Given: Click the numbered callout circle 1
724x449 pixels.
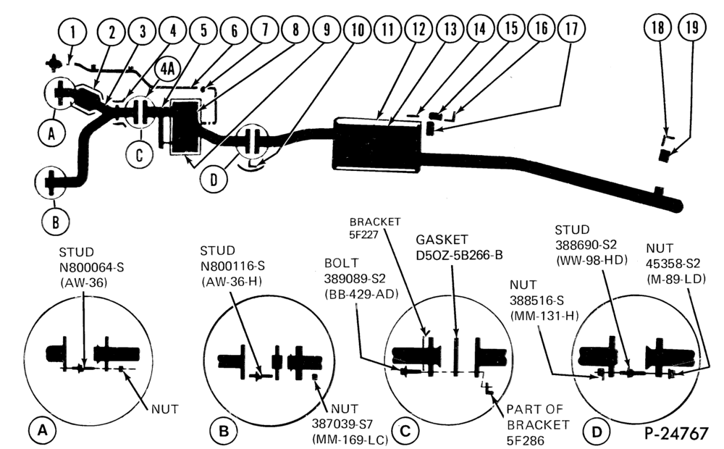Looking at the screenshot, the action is [72, 33].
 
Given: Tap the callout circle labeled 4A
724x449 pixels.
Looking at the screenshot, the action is [167, 70].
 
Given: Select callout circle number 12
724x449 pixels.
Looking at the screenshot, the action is [418, 29].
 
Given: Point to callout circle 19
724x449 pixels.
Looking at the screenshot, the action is [691, 28].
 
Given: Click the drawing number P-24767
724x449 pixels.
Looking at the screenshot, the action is [676, 433].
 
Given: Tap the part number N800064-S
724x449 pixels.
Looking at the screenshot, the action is [91, 267].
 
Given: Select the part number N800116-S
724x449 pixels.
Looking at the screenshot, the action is [232, 266].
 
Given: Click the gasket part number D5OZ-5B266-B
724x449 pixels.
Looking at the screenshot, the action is [459, 255].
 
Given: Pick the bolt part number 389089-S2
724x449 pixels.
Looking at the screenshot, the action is [355, 279].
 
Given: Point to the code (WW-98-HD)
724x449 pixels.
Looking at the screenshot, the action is [592, 260].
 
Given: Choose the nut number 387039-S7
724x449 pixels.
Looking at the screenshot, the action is [342, 424].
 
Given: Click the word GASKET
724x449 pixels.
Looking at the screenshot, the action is [442, 240].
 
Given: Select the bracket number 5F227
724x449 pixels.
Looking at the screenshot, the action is [364, 235].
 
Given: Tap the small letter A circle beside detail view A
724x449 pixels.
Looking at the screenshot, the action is [43, 430].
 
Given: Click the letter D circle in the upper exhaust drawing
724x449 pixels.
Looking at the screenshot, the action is [214, 179].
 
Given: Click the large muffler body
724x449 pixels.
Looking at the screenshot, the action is [377, 146].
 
